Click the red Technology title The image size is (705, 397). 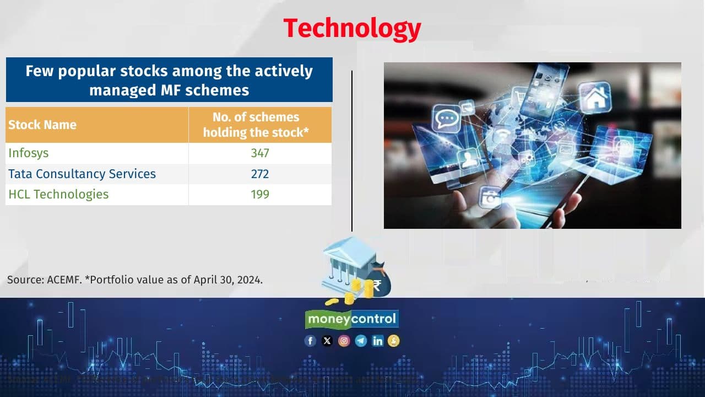(352, 28)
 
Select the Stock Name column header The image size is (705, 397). (42, 125)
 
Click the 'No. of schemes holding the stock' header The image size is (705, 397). (260, 125)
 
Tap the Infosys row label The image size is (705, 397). (29, 153)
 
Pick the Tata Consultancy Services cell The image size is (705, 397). (82, 174)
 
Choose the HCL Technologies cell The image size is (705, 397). (58, 194)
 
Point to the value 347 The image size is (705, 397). (260, 153)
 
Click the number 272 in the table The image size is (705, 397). (260, 174)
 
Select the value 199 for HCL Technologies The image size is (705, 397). (260, 194)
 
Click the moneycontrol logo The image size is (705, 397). (352, 319)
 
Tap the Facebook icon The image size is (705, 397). (311, 341)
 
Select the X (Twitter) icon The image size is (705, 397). (327, 341)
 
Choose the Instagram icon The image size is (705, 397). (344, 341)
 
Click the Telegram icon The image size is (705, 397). (361, 341)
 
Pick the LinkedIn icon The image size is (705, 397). (377, 341)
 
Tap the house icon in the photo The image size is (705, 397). (594, 99)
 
